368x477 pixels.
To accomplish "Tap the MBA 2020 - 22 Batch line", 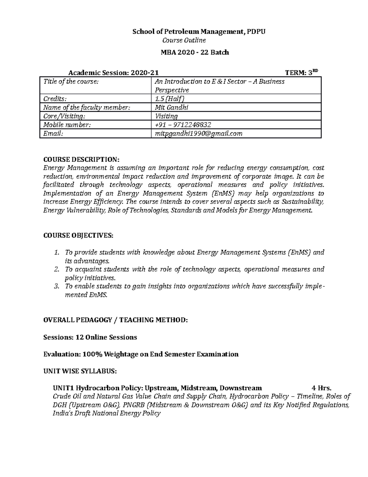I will coord(195,53).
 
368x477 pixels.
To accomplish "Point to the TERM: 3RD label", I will coord(302,73).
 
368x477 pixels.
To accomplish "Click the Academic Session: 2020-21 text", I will coord(113,73).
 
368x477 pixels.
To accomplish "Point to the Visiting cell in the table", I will coord(166,116).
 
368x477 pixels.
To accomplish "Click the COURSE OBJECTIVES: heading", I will coord(78,236).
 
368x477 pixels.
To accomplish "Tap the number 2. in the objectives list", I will coord(56,269).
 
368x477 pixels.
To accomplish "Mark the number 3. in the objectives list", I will coord(56,286).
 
